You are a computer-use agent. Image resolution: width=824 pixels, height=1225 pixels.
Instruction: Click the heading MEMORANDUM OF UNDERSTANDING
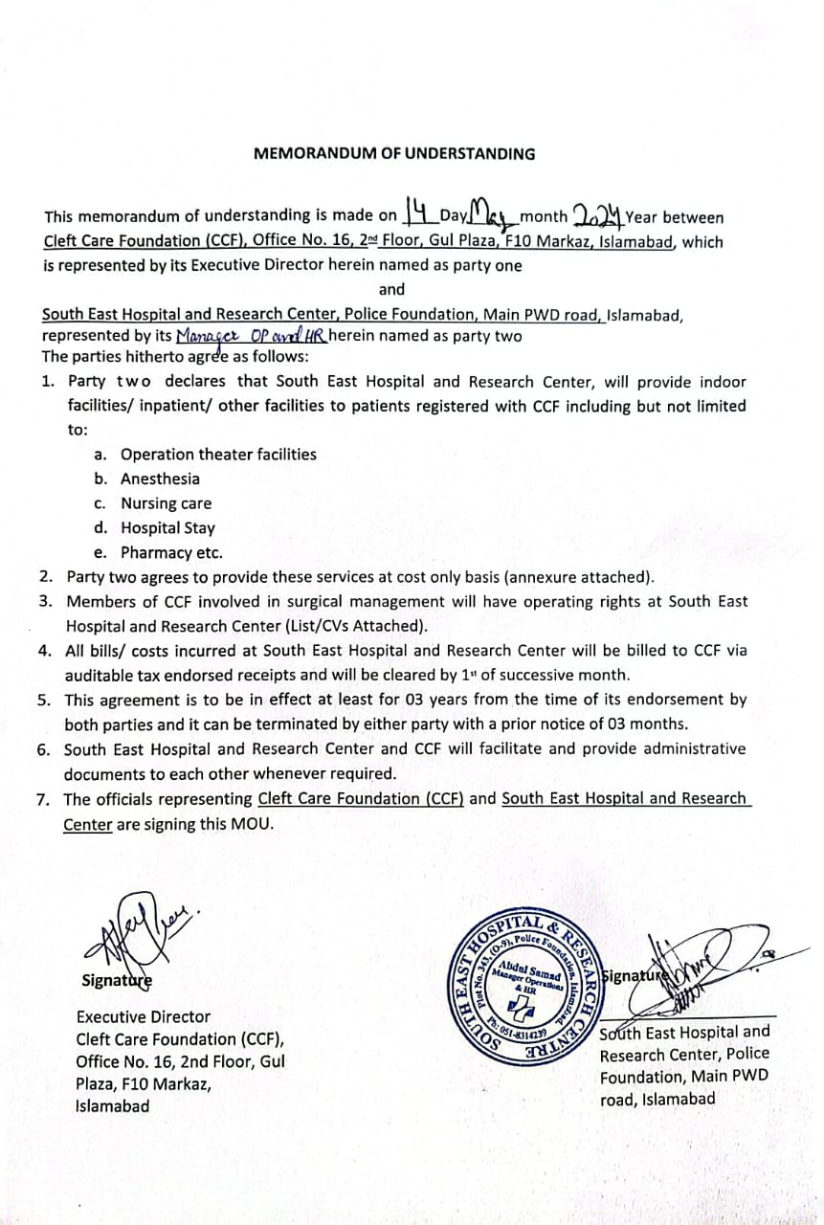pyautogui.click(x=394, y=153)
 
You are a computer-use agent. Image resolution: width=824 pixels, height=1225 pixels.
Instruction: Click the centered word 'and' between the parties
pyautogui.click(x=391, y=289)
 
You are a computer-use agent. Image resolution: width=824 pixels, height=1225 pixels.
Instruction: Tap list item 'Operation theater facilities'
pyautogui.click(x=218, y=455)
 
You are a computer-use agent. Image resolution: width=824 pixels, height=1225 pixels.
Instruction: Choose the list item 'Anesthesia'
pyautogui.click(x=161, y=479)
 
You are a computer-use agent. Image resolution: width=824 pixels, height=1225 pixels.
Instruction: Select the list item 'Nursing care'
pyautogui.click(x=167, y=503)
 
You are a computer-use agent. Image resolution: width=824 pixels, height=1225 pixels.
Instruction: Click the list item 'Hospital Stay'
pyautogui.click(x=168, y=528)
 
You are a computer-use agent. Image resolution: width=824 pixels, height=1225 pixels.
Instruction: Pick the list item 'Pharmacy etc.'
pyautogui.click(x=171, y=553)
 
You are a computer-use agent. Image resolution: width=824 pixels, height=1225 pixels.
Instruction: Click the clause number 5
pyautogui.click(x=44, y=700)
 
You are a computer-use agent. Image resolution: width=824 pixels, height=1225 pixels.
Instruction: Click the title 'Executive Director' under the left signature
pyautogui.click(x=144, y=1016)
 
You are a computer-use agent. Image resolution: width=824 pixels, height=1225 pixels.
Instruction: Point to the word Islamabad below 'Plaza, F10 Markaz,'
pyautogui.click(x=113, y=1105)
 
